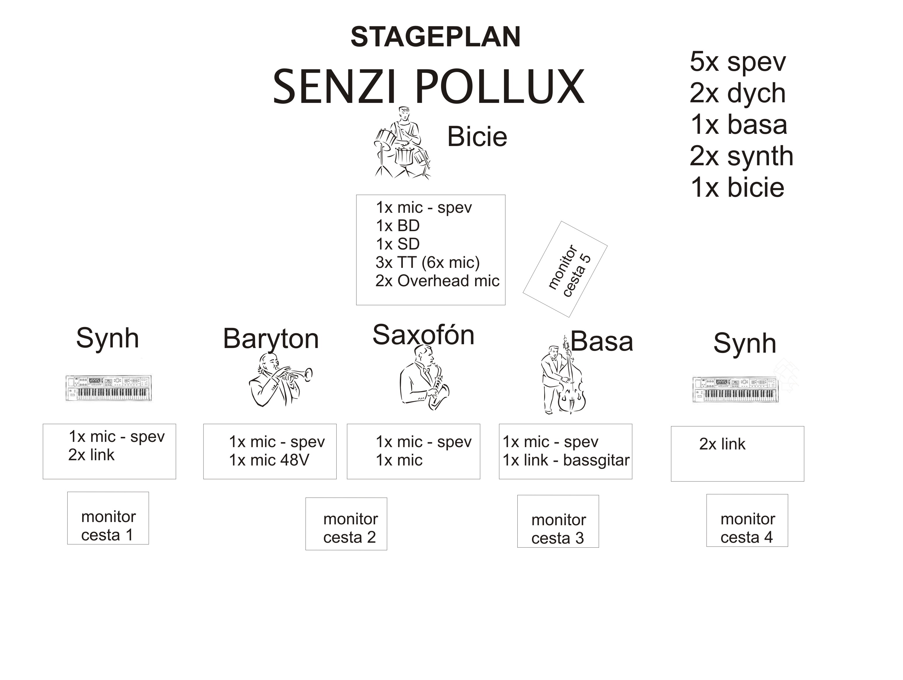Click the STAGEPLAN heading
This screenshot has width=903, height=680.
coord(435,37)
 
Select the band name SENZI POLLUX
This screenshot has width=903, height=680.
coord(429,87)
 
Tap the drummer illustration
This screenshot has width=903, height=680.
coord(402,143)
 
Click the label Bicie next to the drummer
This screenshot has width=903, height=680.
coord(477,136)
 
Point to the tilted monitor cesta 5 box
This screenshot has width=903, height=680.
coord(565,269)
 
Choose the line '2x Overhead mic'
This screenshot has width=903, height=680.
coord(437,281)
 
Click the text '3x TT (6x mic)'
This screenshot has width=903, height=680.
coord(427,262)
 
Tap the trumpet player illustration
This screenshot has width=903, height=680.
coord(280,379)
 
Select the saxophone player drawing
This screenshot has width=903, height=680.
coord(425,377)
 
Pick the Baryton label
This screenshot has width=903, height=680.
coord(271,339)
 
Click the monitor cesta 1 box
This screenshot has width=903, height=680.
coord(108,518)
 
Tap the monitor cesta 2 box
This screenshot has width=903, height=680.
coord(346,524)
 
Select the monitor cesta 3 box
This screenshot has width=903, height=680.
coord(558,521)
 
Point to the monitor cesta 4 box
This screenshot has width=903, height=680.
coord(747,520)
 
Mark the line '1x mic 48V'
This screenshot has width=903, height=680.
coord(269,460)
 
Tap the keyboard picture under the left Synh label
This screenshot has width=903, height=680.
coord(109,388)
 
